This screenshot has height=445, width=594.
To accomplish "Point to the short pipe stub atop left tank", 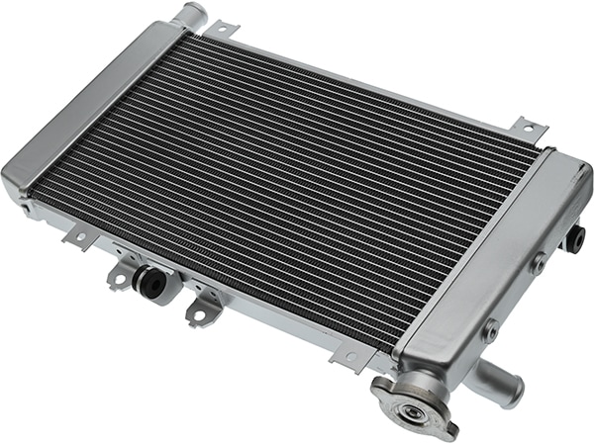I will (x=188, y=15).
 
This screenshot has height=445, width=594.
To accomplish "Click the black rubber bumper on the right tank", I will (x=575, y=239).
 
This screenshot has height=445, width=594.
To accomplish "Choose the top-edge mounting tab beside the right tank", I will (x=527, y=128).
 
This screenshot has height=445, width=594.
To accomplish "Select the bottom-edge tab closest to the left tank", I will (x=75, y=237).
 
